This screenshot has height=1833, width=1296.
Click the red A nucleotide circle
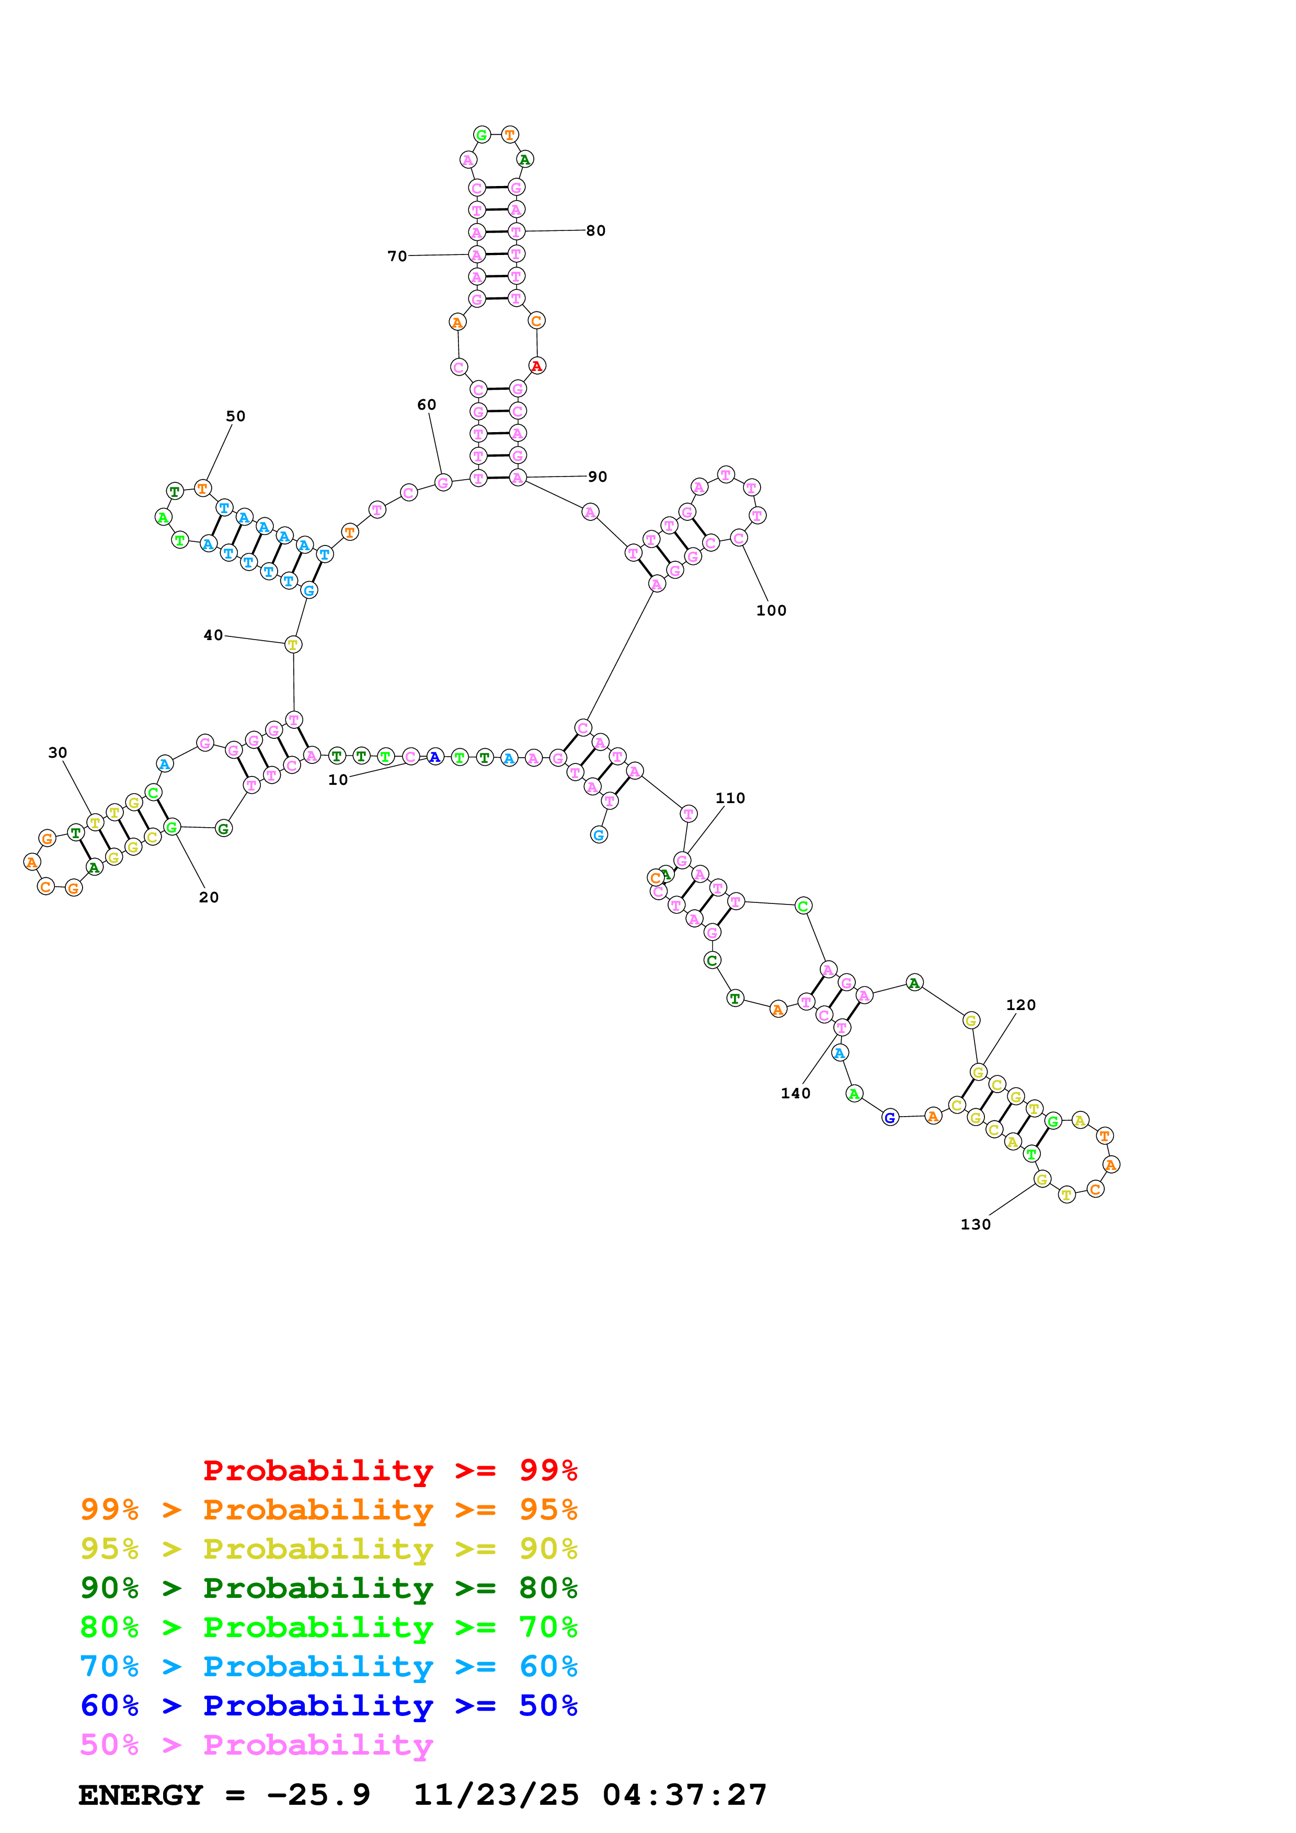click(x=536, y=366)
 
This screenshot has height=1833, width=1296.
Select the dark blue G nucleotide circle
click(x=890, y=1118)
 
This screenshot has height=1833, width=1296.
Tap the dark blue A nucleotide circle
click(x=434, y=756)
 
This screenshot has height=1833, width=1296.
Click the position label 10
click(x=338, y=780)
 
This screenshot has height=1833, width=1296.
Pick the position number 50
click(x=236, y=416)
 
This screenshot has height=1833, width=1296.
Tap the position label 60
click(x=427, y=405)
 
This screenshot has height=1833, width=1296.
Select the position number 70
click(x=397, y=256)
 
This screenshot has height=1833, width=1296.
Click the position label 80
click(x=595, y=231)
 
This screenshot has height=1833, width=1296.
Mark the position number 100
click(x=771, y=611)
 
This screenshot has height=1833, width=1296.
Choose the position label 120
click(x=1020, y=1005)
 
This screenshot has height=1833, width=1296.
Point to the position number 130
click(x=975, y=1225)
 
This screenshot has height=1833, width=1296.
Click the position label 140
click(x=795, y=1094)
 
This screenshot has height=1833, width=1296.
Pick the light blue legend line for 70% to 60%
click(x=328, y=1666)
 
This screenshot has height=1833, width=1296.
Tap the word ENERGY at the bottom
click(x=141, y=1795)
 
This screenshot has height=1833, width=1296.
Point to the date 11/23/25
click(x=496, y=1795)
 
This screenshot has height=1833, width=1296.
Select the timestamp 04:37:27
click(x=684, y=1795)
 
